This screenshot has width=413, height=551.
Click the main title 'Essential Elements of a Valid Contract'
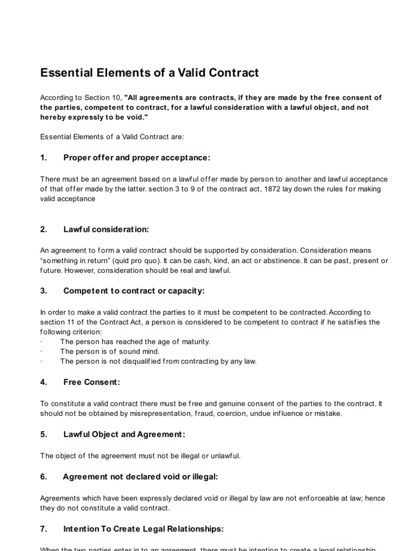pyautogui.click(x=149, y=73)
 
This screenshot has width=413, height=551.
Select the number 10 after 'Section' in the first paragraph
pyautogui.click(x=117, y=97)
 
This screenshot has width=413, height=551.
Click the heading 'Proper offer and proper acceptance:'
pyautogui.click(x=137, y=158)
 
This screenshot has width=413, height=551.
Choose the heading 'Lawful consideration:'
pyautogui.click(x=106, y=229)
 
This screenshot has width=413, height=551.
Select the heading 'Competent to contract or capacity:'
pyautogui.click(x=134, y=291)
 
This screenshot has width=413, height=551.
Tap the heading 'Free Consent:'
pyautogui.click(x=91, y=382)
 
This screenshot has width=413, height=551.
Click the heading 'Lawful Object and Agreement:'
pyautogui.click(x=124, y=434)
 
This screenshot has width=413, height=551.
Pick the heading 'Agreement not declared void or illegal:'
pyautogui.click(x=140, y=477)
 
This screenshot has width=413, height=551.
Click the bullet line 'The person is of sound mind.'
pyautogui.click(x=110, y=351)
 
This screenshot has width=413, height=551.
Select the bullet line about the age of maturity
pyautogui.click(x=135, y=342)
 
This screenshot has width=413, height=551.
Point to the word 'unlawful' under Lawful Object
pyautogui.click(x=226, y=456)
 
